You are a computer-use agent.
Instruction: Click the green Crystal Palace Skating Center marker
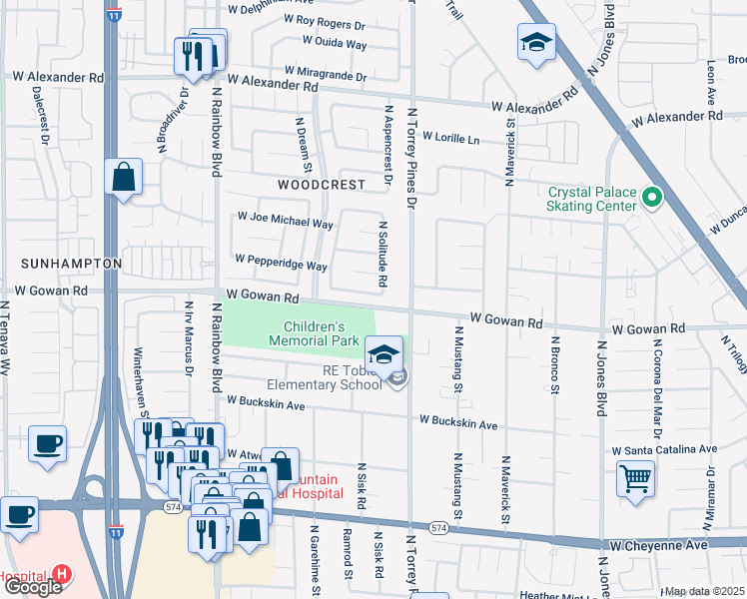[652, 198]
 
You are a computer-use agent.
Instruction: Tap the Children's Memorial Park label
[314, 333]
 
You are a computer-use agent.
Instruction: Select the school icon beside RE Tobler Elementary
[383, 353]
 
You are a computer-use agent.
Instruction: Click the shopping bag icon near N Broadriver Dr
[123, 178]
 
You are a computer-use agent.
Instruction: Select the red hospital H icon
[62, 574]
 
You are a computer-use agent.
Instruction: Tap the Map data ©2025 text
[705, 591]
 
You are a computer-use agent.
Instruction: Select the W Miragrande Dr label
[325, 72]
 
